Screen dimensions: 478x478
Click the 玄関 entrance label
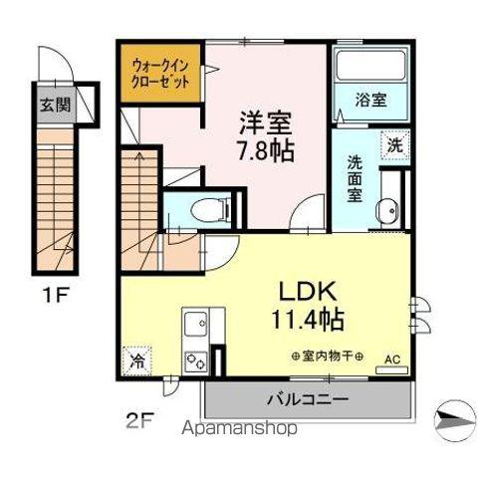55,103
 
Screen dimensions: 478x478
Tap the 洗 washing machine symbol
395,143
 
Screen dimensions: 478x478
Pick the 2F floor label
140,418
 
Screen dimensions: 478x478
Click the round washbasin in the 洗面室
388,210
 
